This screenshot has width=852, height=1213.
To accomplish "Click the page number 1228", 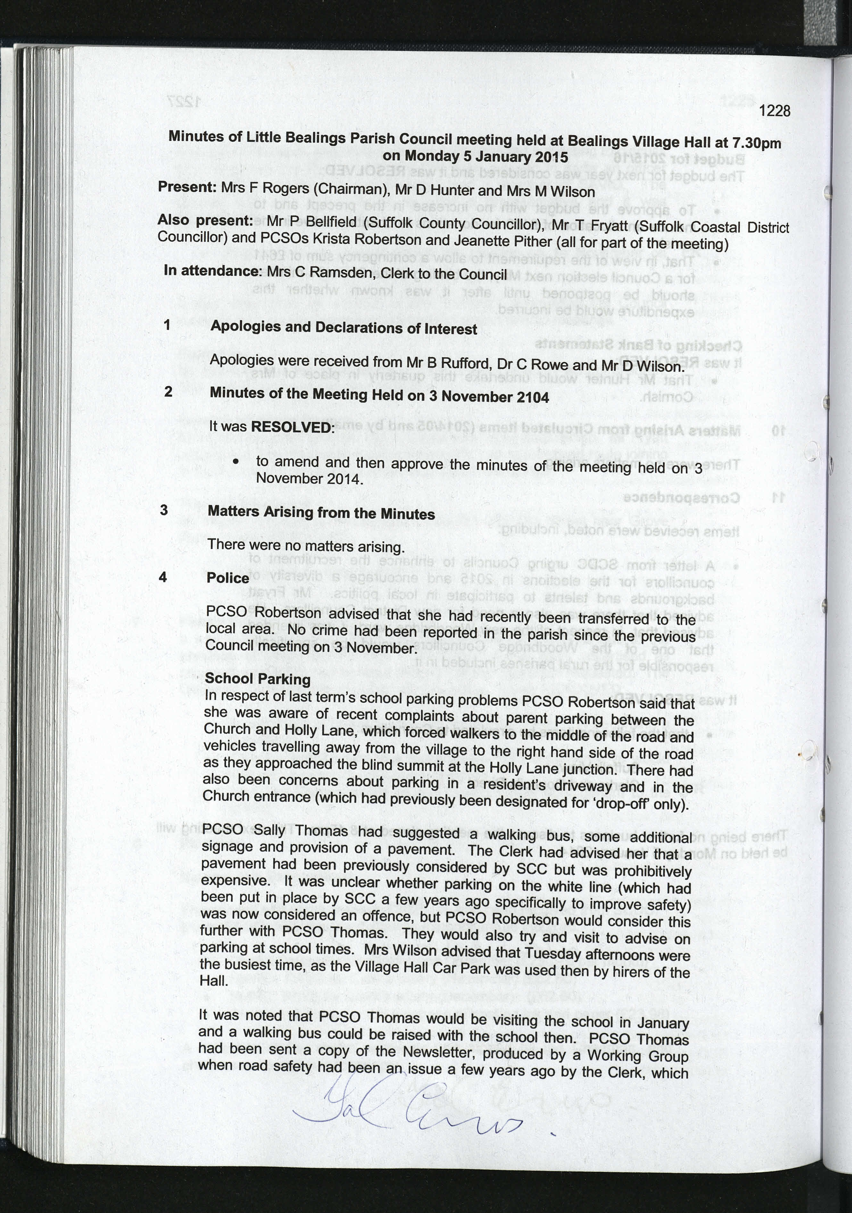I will pyautogui.click(x=774, y=111).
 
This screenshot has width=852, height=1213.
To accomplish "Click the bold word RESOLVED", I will pyautogui.click(x=292, y=427).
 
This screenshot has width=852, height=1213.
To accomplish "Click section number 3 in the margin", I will pyautogui.click(x=164, y=510).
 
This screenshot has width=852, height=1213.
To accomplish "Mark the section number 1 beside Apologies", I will pyautogui.click(x=167, y=324).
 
